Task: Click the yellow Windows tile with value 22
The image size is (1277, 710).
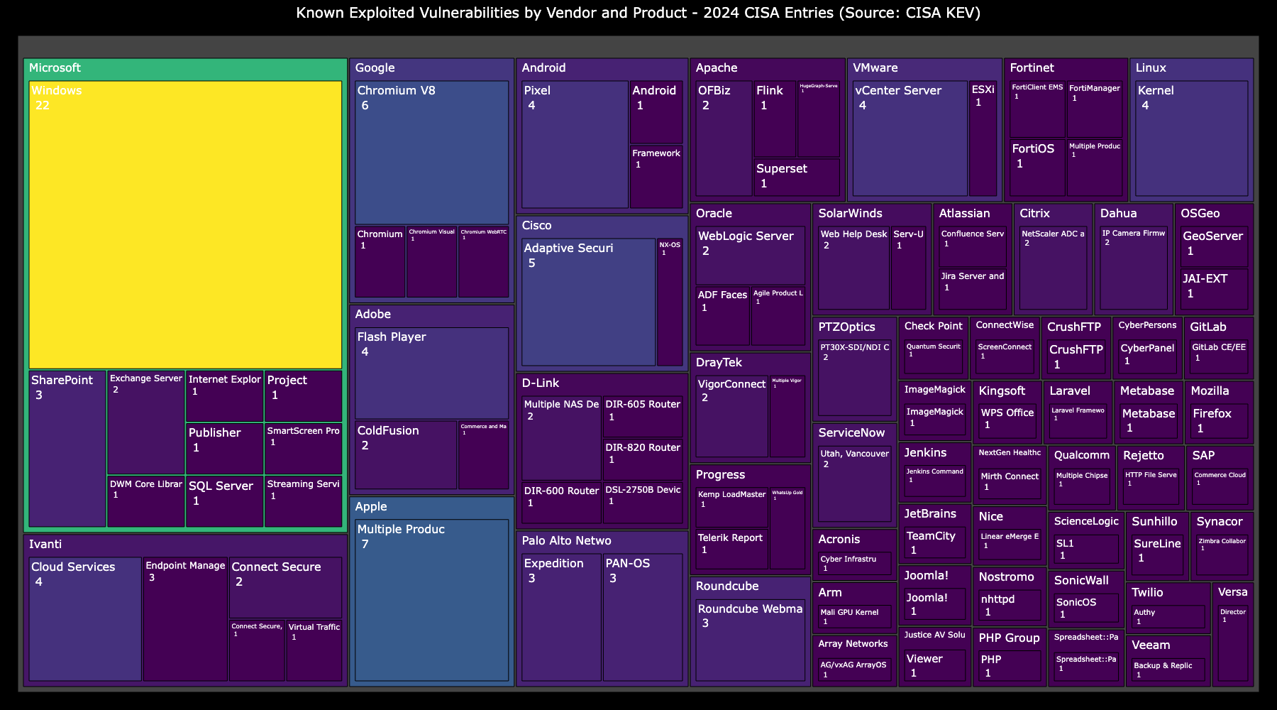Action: coord(185,224)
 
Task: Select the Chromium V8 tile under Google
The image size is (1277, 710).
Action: coord(431,153)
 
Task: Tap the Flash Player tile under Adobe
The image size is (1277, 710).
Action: coord(431,373)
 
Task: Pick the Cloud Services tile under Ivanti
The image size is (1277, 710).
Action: coord(85,618)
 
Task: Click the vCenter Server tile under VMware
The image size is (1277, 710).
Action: coord(910,138)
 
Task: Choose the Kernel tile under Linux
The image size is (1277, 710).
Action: coord(1191,138)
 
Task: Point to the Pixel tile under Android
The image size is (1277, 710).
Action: coord(575,144)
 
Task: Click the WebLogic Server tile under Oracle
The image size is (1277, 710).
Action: coord(750,256)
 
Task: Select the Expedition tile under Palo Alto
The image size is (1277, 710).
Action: coord(561,617)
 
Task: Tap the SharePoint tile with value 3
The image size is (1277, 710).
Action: coord(67,448)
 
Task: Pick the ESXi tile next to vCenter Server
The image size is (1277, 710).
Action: coord(983,138)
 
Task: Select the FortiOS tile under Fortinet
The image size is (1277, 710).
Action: coord(1037,168)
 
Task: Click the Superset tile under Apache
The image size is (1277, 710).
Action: coord(796,177)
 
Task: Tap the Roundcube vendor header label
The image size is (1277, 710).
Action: coord(727,586)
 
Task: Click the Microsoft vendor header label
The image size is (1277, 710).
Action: coord(55,68)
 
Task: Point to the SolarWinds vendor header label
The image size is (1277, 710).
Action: coord(850,214)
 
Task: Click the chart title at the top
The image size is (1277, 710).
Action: coord(638,13)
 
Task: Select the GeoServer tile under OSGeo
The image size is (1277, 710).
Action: coord(1213,246)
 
